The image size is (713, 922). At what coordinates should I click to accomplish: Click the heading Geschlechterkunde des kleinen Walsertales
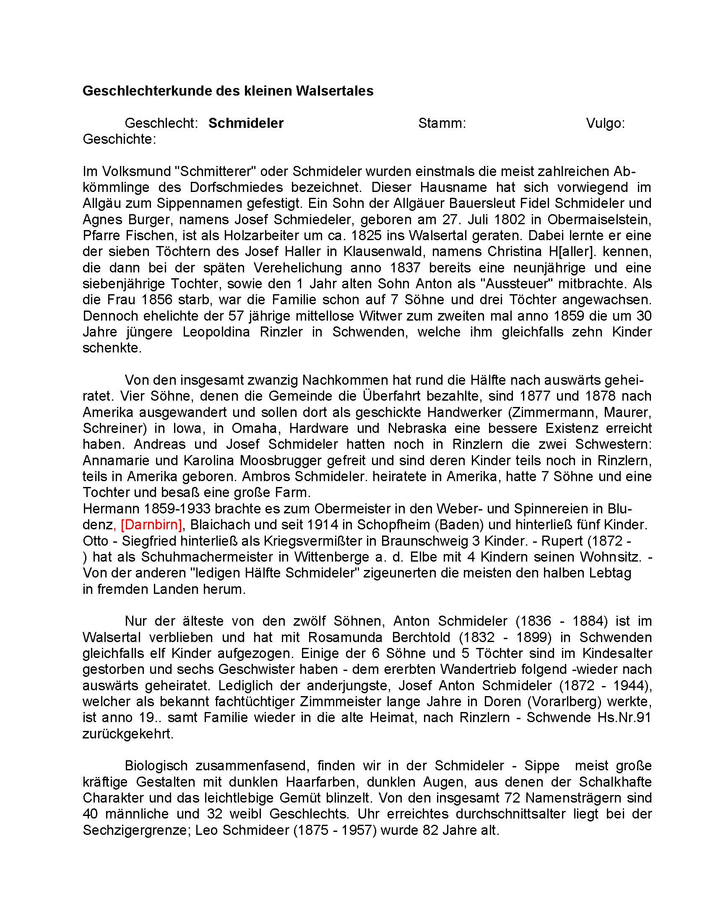(x=228, y=91)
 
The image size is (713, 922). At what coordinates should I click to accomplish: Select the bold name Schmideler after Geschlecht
(x=246, y=123)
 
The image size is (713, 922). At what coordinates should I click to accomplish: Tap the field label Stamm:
(x=442, y=123)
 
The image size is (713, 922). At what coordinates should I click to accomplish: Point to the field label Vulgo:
(x=605, y=123)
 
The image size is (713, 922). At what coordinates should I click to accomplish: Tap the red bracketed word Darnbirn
(x=151, y=525)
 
